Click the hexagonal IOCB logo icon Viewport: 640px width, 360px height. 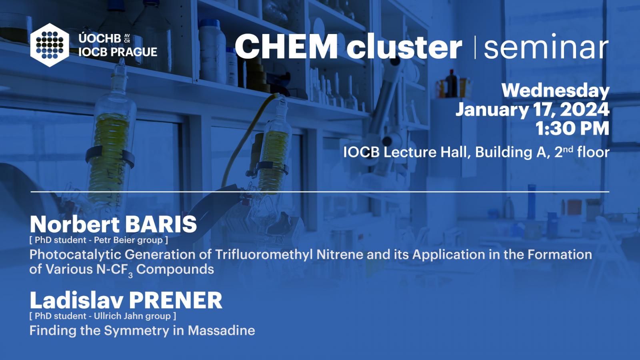click(x=50, y=45)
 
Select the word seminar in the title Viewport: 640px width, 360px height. click(x=546, y=46)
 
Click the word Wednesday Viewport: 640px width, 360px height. click(x=556, y=91)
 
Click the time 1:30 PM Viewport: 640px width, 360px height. click(x=572, y=128)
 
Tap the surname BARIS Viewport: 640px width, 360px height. click(x=161, y=224)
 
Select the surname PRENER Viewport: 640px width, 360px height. click(x=176, y=300)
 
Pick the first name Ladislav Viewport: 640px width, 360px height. click(x=76, y=300)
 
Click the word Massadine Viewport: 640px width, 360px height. click(x=222, y=330)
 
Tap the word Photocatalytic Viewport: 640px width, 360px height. click(x=76, y=255)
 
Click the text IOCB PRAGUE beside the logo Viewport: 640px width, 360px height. click(x=118, y=52)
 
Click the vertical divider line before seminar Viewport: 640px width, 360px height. click(x=475, y=47)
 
